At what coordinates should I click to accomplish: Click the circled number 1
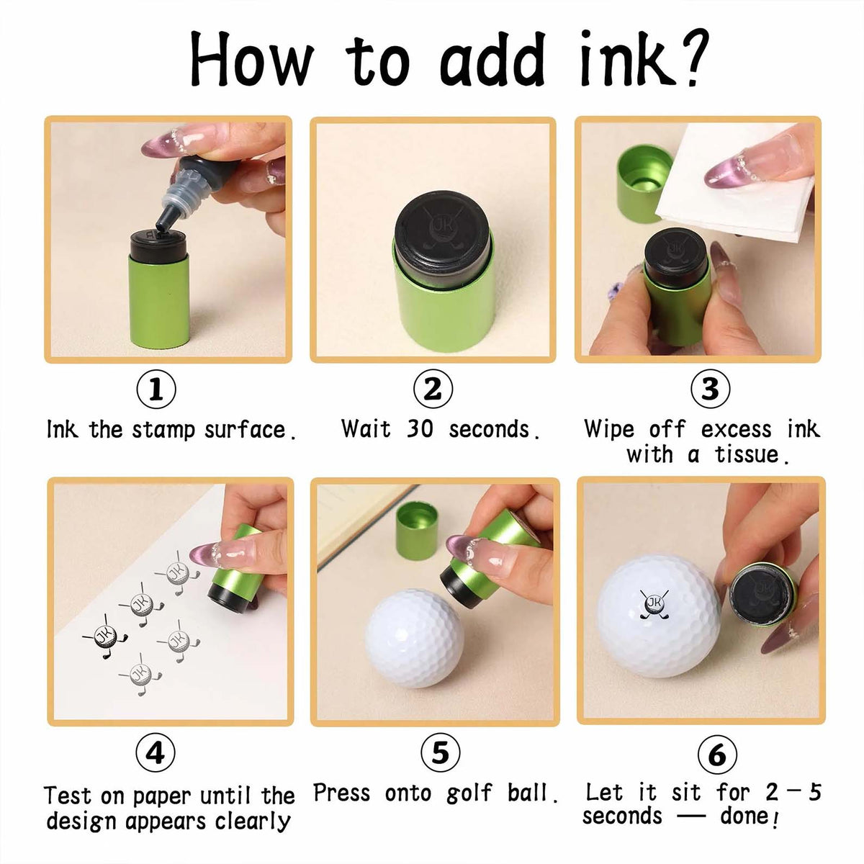pyautogui.click(x=156, y=390)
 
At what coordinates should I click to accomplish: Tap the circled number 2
pyautogui.click(x=433, y=390)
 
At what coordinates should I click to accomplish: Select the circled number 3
pyautogui.click(x=710, y=390)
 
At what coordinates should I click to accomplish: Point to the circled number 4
pyautogui.click(x=156, y=753)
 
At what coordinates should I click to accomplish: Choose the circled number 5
pyautogui.click(x=440, y=753)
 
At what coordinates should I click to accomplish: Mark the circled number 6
pyautogui.click(x=717, y=755)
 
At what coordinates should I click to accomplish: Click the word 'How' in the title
pyautogui.click(x=252, y=59)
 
